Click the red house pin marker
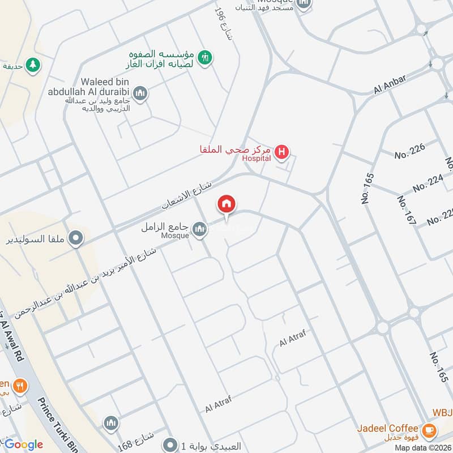point(227,205)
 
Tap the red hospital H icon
point(281,152)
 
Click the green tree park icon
point(33,65)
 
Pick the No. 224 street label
point(428,183)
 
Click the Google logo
point(23,445)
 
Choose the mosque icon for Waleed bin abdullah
point(140,93)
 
